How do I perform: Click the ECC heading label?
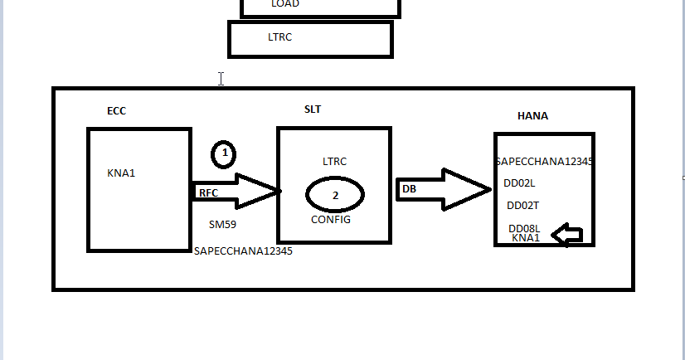pos(116,111)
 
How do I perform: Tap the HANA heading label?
pos(532,116)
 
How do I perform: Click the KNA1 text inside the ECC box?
pos(121,173)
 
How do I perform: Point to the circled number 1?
pos(224,154)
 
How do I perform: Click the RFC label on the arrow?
pos(208,193)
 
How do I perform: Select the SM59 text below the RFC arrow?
pos(223,224)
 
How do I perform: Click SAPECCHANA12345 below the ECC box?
pos(242,251)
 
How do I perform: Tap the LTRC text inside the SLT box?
pos(334,161)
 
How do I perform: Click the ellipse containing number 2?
pos(335,195)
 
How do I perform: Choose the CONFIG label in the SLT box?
pos(331,220)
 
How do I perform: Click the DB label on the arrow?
pos(409,189)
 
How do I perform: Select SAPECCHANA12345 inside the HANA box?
pos(543,162)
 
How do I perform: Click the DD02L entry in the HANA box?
pos(520,183)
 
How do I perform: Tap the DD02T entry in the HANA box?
pos(523,206)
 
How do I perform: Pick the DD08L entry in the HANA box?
pos(524,228)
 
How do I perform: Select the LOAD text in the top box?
pos(284,4)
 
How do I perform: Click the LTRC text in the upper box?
pos(280,37)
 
